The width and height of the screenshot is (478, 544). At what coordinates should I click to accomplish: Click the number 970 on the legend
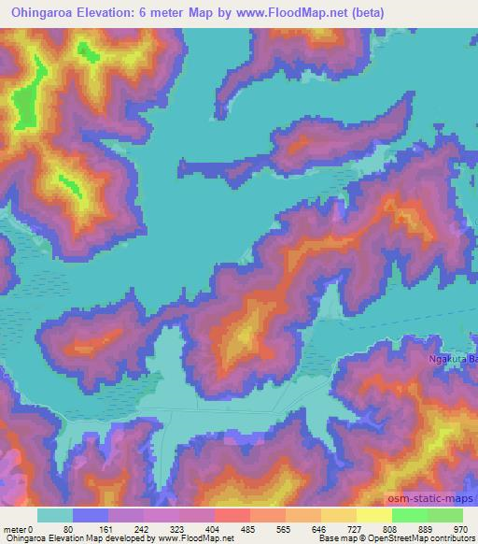(459, 528)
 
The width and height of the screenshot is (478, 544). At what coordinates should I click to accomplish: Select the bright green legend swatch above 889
(409, 515)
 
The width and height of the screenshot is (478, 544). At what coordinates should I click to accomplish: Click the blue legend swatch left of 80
(90, 515)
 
